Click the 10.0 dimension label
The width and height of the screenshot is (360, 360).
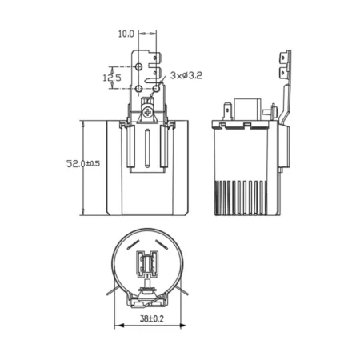(x=126, y=34)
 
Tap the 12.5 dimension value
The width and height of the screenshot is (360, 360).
(x=112, y=78)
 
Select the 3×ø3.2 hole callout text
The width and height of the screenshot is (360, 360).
(x=186, y=75)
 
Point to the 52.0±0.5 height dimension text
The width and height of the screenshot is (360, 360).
(x=83, y=163)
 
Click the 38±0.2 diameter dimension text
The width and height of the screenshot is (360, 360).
(x=152, y=318)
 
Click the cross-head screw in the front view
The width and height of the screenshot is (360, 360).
(x=147, y=113)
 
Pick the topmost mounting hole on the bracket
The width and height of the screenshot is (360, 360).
(x=138, y=66)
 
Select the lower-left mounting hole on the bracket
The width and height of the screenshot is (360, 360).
(x=138, y=89)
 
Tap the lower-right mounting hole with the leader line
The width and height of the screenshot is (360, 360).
(x=157, y=88)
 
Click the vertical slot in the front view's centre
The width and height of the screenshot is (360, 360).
(x=147, y=148)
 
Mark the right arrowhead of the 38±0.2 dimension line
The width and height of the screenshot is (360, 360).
(x=182, y=326)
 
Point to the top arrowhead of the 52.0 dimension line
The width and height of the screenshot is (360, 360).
(x=83, y=124)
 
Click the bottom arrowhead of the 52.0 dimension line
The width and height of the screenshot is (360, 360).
(x=83, y=211)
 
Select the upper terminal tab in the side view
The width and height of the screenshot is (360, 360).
(x=283, y=58)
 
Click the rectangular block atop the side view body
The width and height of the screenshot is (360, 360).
(x=247, y=110)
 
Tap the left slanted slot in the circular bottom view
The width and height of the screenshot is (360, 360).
(x=133, y=245)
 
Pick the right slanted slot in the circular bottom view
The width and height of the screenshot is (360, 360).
(x=162, y=245)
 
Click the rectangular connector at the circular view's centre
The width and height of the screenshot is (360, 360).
(x=147, y=264)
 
